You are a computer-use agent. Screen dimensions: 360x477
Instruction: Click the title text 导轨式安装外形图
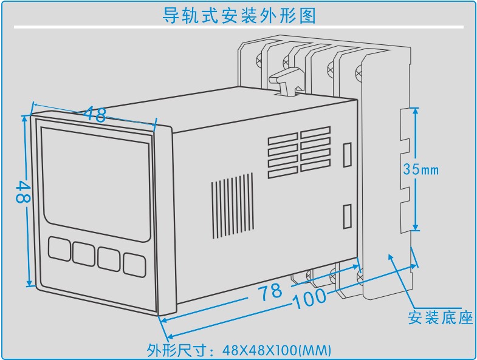click(238, 15)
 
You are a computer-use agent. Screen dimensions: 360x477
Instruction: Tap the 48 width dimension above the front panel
click(95, 114)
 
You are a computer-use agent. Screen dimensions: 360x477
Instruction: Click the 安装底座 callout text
click(440, 317)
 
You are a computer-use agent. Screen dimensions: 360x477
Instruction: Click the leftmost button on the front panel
click(59, 249)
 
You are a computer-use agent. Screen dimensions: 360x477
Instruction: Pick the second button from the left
click(84, 253)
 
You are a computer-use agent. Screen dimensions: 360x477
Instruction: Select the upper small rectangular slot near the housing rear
click(347, 154)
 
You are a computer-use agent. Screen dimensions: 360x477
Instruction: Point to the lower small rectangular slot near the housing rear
click(347, 216)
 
